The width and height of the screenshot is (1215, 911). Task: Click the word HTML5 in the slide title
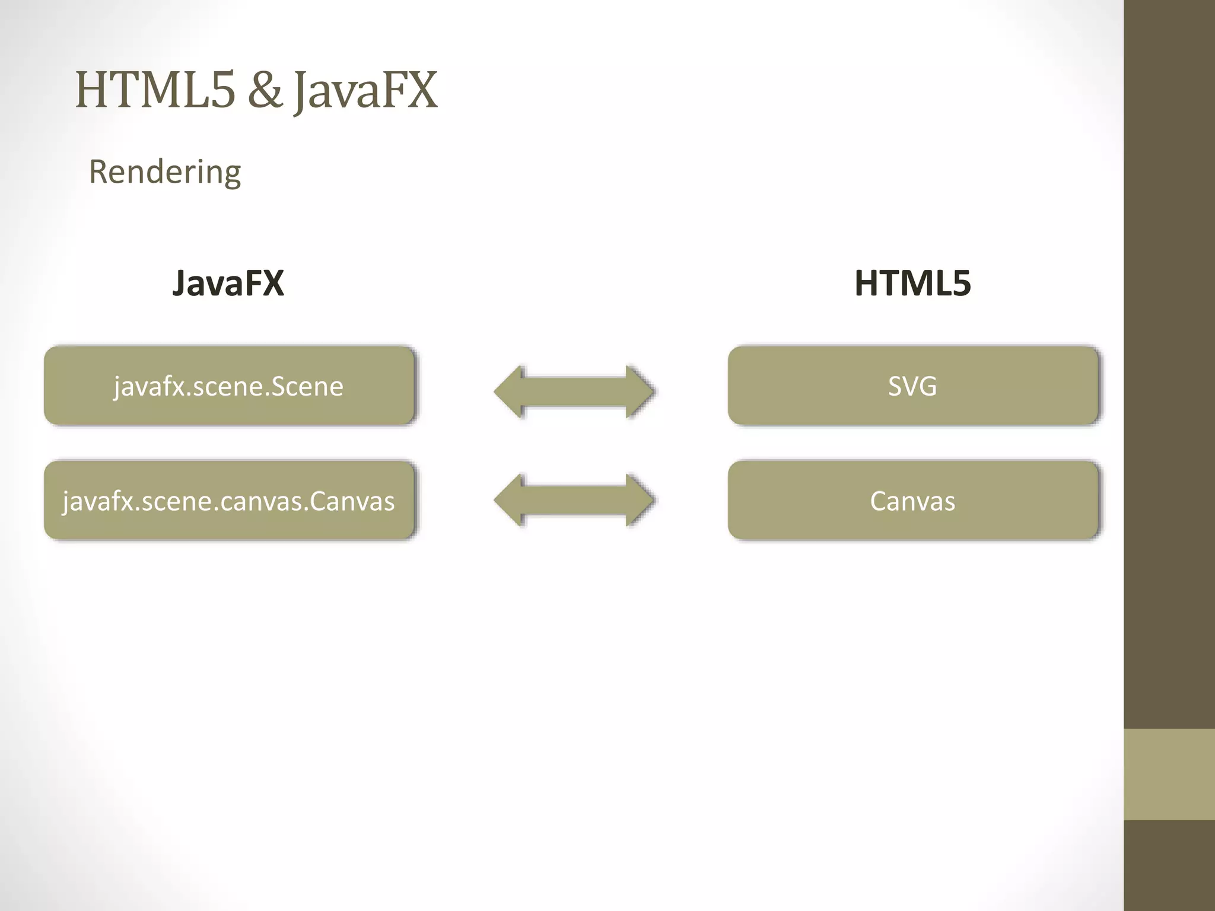[x=155, y=90]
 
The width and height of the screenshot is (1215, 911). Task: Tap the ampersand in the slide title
[x=265, y=90]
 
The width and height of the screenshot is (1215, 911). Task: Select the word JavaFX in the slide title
[x=366, y=90]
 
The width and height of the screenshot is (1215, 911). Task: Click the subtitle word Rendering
[x=165, y=172]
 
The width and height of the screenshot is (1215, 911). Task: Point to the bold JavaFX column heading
[x=228, y=283]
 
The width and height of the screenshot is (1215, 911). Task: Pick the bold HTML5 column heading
[x=912, y=283]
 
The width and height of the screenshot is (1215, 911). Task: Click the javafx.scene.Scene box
[x=229, y=386]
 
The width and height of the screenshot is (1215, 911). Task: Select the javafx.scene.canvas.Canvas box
[x=229, y=501]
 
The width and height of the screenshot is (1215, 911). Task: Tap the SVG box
[x=913, y=386]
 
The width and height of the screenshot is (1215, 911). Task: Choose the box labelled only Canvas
[x=913, y=501]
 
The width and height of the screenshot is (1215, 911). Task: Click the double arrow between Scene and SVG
[x=574, y=392]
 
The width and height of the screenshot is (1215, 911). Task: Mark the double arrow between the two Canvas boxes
[x=574, y=500]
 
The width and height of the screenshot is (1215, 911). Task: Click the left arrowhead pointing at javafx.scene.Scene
[x=509, y=392]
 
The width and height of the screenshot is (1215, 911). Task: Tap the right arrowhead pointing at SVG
[x=640, y=392]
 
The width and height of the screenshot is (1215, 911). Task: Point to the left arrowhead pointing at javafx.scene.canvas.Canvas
[x=509, y=500]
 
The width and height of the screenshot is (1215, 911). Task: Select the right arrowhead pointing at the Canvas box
[x=640, y=500]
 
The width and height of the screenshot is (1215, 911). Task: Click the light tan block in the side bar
[x=1169, y=774]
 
